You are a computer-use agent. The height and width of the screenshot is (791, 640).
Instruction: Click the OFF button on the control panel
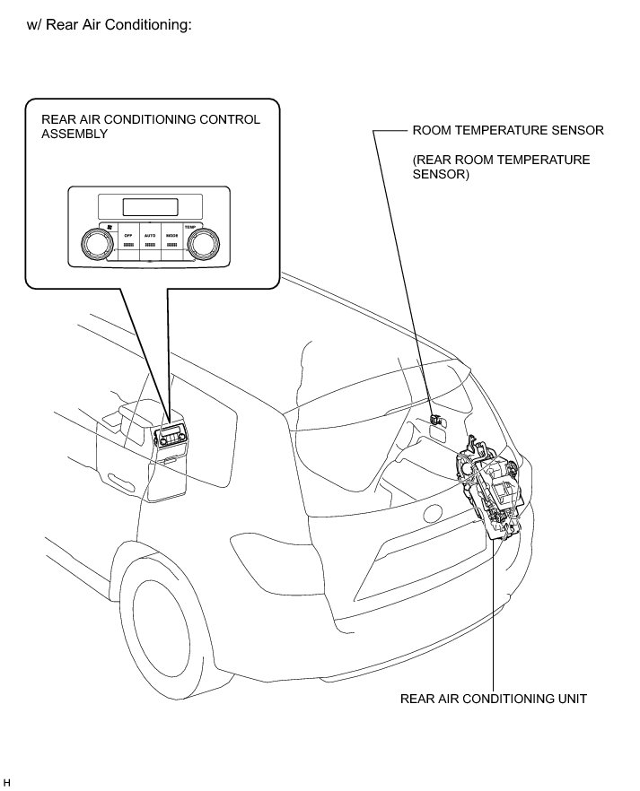[x=128, y=239]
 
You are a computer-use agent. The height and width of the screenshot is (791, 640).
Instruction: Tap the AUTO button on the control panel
[x=150, y=239]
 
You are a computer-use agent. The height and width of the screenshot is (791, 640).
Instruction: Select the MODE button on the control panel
[x=171, y=239]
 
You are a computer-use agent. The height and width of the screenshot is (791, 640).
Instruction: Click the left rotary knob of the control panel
[x=93, y=242]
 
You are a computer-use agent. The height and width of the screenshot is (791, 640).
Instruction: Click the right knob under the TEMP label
[x=203, y=242]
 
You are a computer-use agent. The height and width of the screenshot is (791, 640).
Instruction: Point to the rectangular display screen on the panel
[x=149, y=206]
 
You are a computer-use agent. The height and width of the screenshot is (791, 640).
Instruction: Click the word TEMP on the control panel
[x=189, y=227]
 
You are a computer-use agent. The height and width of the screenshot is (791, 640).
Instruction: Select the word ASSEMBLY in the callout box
[x=75, y=134]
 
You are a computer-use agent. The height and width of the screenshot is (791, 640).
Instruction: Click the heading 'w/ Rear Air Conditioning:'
[x=111, y=25]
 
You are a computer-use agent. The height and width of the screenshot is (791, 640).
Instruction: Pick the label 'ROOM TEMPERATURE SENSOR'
[x=508, y=130]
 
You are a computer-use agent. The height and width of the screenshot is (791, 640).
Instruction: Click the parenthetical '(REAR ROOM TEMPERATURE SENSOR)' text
[x=501, y=168]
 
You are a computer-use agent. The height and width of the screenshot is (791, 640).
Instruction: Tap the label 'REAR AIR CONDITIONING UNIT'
[x=494, y=699]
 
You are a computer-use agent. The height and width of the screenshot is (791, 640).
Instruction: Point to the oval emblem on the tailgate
[x=434, y=515]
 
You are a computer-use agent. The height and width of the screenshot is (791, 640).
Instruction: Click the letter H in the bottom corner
[x=7, y=783]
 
